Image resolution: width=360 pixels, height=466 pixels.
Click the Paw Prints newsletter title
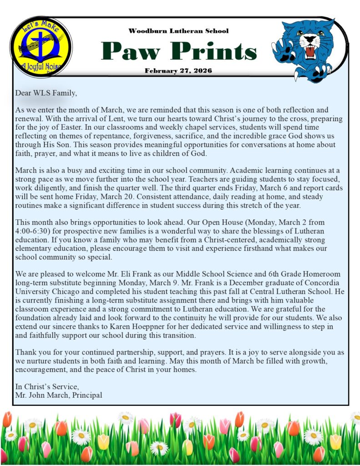tap(179, 51)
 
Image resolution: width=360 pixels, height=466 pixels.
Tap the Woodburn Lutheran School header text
tap(178, 31)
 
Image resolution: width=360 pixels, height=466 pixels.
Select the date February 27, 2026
tap(178, 71)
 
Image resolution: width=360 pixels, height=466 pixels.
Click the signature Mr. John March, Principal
tap(59, 395)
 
